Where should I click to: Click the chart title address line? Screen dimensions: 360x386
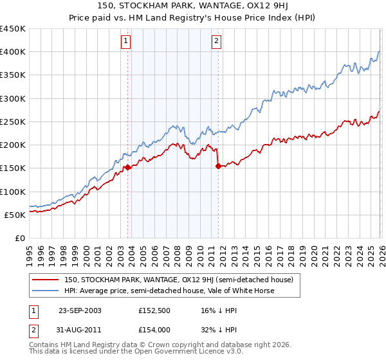pos(193,6)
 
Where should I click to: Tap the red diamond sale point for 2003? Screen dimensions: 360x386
pos(128,167)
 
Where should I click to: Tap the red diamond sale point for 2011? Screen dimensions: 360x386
pos(218,166)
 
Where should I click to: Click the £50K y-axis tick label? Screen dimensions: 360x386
pos(15,215)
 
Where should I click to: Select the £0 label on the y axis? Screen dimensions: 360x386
pos(21,238)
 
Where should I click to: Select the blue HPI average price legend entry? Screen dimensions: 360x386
pos(169,291)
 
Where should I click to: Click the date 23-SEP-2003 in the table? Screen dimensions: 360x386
pos(80,310)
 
